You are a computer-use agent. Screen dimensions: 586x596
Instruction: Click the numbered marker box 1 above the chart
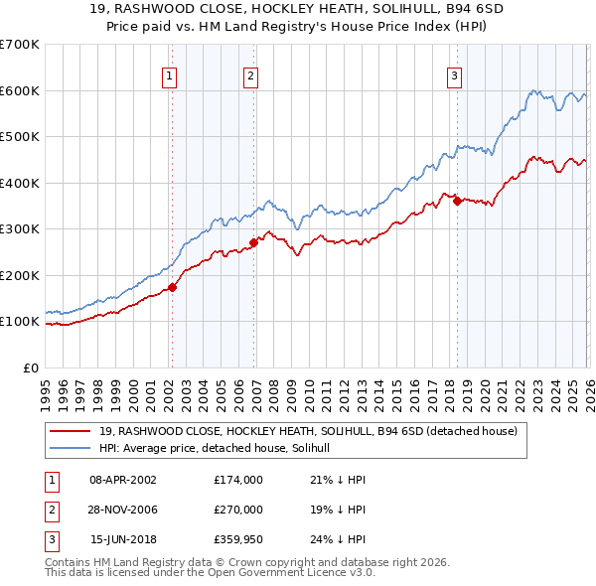[x=170, y=75]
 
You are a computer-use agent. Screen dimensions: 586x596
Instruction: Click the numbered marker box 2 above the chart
[x=250, y=75]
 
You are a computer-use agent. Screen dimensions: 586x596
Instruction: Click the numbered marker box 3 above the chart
[x=454, y=75]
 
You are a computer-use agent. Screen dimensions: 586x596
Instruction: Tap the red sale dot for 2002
[x=172, y=287]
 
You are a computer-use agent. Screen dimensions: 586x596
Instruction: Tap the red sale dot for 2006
[x=254, y=241]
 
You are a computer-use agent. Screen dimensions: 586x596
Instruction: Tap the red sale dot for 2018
[x=457, y=201]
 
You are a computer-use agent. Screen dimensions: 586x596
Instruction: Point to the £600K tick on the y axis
[x=20, y=90]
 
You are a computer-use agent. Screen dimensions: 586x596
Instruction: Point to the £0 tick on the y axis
[x=30, y=367]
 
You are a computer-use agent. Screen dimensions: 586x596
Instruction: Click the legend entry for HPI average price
[x=221, y=448]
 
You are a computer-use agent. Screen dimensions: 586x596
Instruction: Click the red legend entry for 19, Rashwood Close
[x=308, y=431]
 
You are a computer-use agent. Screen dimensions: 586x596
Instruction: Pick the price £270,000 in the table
[x=238, y=510]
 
